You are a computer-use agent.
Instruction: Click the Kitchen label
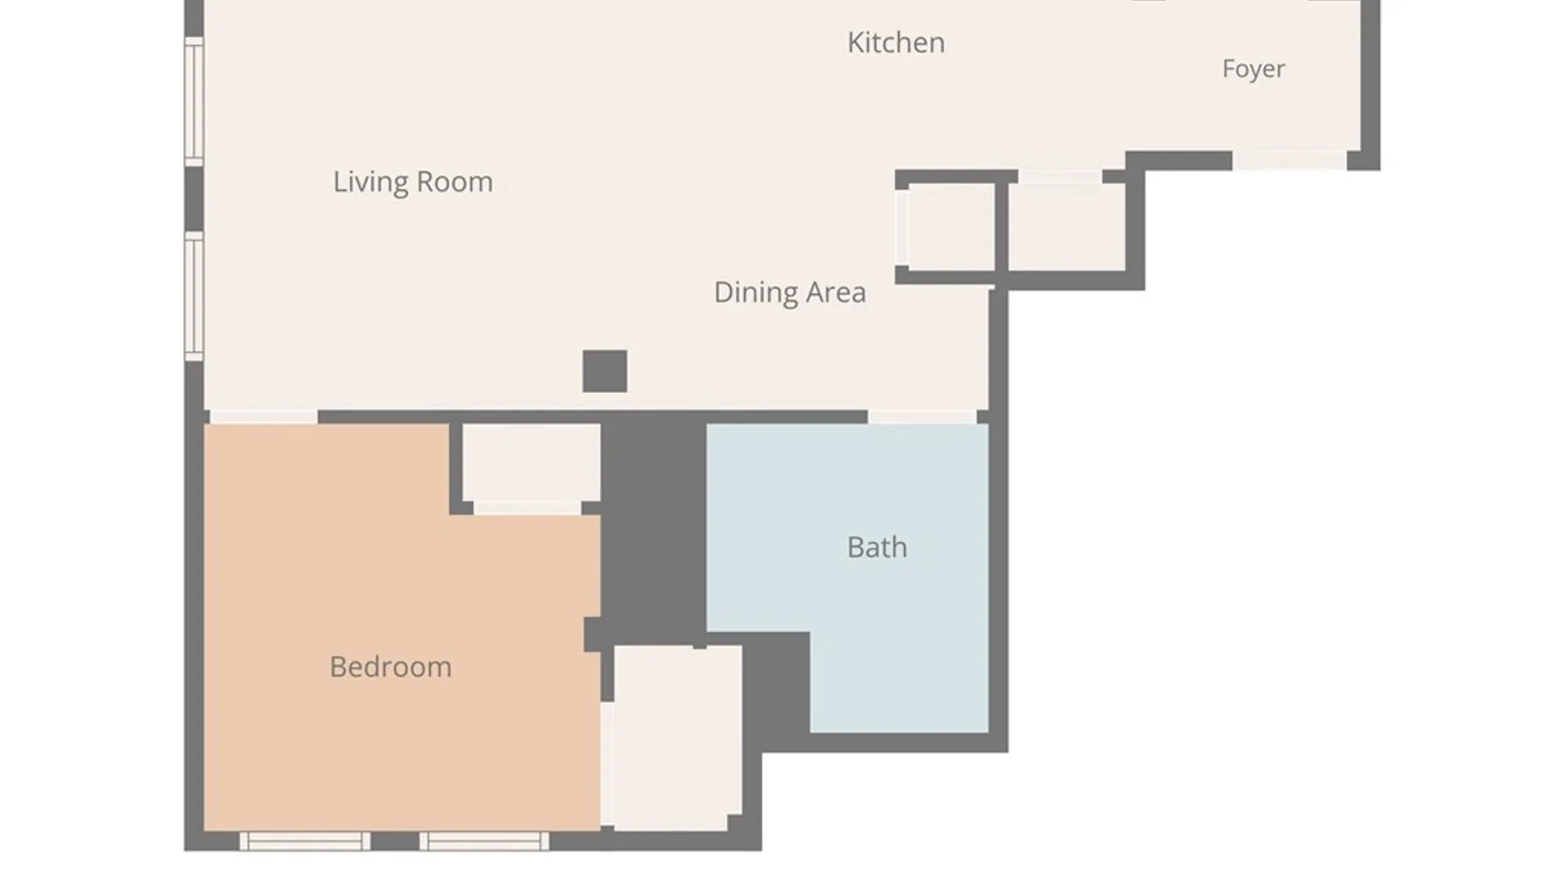coord(895,42)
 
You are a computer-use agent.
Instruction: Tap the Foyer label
coord(1253,68)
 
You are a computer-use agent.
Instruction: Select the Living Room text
coord(413,181)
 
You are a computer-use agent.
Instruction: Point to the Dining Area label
coord(790,292)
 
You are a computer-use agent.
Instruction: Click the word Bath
coord(877,547)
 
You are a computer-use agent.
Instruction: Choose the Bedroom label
coord(391,667)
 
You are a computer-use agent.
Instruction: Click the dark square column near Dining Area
coord(605,371)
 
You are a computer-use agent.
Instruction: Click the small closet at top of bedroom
coord(532,462)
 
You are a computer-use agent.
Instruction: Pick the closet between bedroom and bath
coord(677,737)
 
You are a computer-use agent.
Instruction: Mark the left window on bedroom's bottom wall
coord(304,841)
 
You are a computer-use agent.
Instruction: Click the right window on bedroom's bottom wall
coord(484,841)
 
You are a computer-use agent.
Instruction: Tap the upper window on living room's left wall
coord(194,102)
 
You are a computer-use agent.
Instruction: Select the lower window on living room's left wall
coord(194,296)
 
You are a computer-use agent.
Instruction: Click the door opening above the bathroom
coord(922,417)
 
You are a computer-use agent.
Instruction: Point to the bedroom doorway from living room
coord(264,417)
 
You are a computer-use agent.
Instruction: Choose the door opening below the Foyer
coord(1289,160)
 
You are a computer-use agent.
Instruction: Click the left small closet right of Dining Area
coord(951,226)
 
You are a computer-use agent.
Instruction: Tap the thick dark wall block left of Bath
coord(654,529)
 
